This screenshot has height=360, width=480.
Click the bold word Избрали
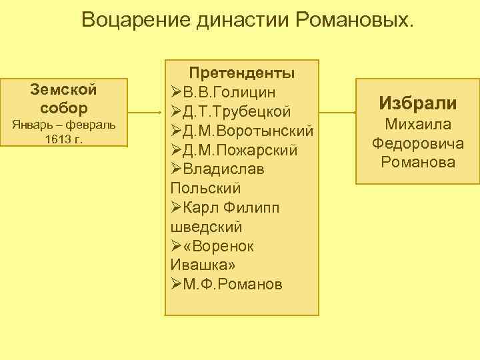pos(417,103)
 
